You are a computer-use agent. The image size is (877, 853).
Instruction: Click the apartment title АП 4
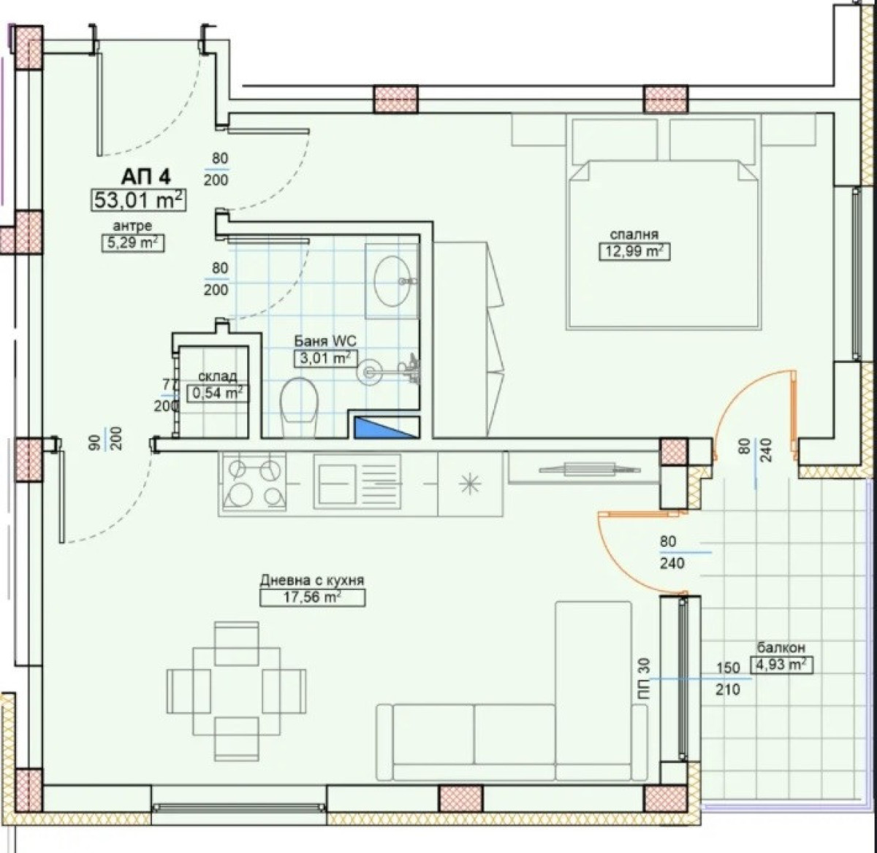coord(145,177)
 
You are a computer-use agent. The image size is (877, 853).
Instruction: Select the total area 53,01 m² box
coord(139,200)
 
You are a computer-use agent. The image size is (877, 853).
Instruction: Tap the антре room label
coord(132,226)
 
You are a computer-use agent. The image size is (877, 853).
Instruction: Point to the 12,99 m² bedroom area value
coord(634,251)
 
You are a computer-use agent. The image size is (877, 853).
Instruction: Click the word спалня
coord(634,234)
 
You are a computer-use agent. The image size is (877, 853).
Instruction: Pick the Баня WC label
coord(325,341)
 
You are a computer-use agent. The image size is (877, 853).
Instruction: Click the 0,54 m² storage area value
coord(217,393)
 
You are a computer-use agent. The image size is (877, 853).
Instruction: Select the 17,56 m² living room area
coord(312,597)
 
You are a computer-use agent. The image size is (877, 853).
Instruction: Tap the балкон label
coord(781,648)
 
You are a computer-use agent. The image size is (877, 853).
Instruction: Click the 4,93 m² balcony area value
coord(781,665)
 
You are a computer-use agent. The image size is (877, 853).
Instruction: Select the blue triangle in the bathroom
coord(386,427)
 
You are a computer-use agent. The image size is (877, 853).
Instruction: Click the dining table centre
coord(236,691)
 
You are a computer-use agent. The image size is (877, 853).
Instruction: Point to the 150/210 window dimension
coord(728,678)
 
